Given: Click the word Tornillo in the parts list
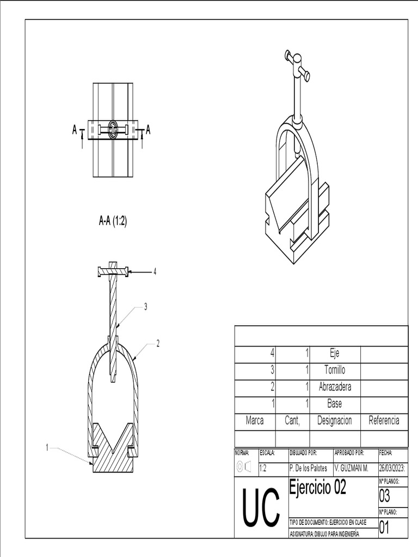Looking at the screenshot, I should [334, 370].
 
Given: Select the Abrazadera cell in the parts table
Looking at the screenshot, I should [334, 387].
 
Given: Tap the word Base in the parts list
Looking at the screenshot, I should [334, 404].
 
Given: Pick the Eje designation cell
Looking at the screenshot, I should [334, 353].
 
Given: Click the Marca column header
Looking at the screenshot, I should [255, 420].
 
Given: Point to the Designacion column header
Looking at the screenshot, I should [334, 420].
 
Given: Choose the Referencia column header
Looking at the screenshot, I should [384, 420].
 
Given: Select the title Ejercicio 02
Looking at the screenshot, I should [317, 487].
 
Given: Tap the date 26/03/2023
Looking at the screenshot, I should [392, 467].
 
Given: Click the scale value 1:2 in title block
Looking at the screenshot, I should [263, 467].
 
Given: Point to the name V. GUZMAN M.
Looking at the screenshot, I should [351, 467].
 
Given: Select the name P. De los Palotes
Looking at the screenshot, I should [309, 467].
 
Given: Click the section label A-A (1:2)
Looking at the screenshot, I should [113, 221].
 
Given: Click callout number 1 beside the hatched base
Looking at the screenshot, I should [47, 448].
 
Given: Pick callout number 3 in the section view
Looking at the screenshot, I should [145, 307].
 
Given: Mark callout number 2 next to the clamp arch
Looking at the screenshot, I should [158, 343].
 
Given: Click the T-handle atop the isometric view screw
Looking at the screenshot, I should [297, 65].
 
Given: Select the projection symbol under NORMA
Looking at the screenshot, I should [243, 467].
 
